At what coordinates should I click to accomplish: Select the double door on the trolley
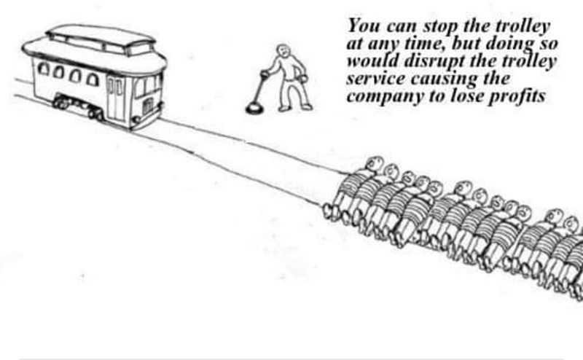tap(115, 98)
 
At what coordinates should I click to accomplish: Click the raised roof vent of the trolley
tap(101, 37)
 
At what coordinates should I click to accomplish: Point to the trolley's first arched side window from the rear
tap(44, 69)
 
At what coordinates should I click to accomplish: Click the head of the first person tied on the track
tap(374, 163)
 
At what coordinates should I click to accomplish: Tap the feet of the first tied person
tap(330, 211)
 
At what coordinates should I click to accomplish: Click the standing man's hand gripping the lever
tap(265, 74)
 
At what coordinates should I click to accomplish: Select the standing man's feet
tap(295, 107)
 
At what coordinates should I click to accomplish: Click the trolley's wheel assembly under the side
tap(78, 106)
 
